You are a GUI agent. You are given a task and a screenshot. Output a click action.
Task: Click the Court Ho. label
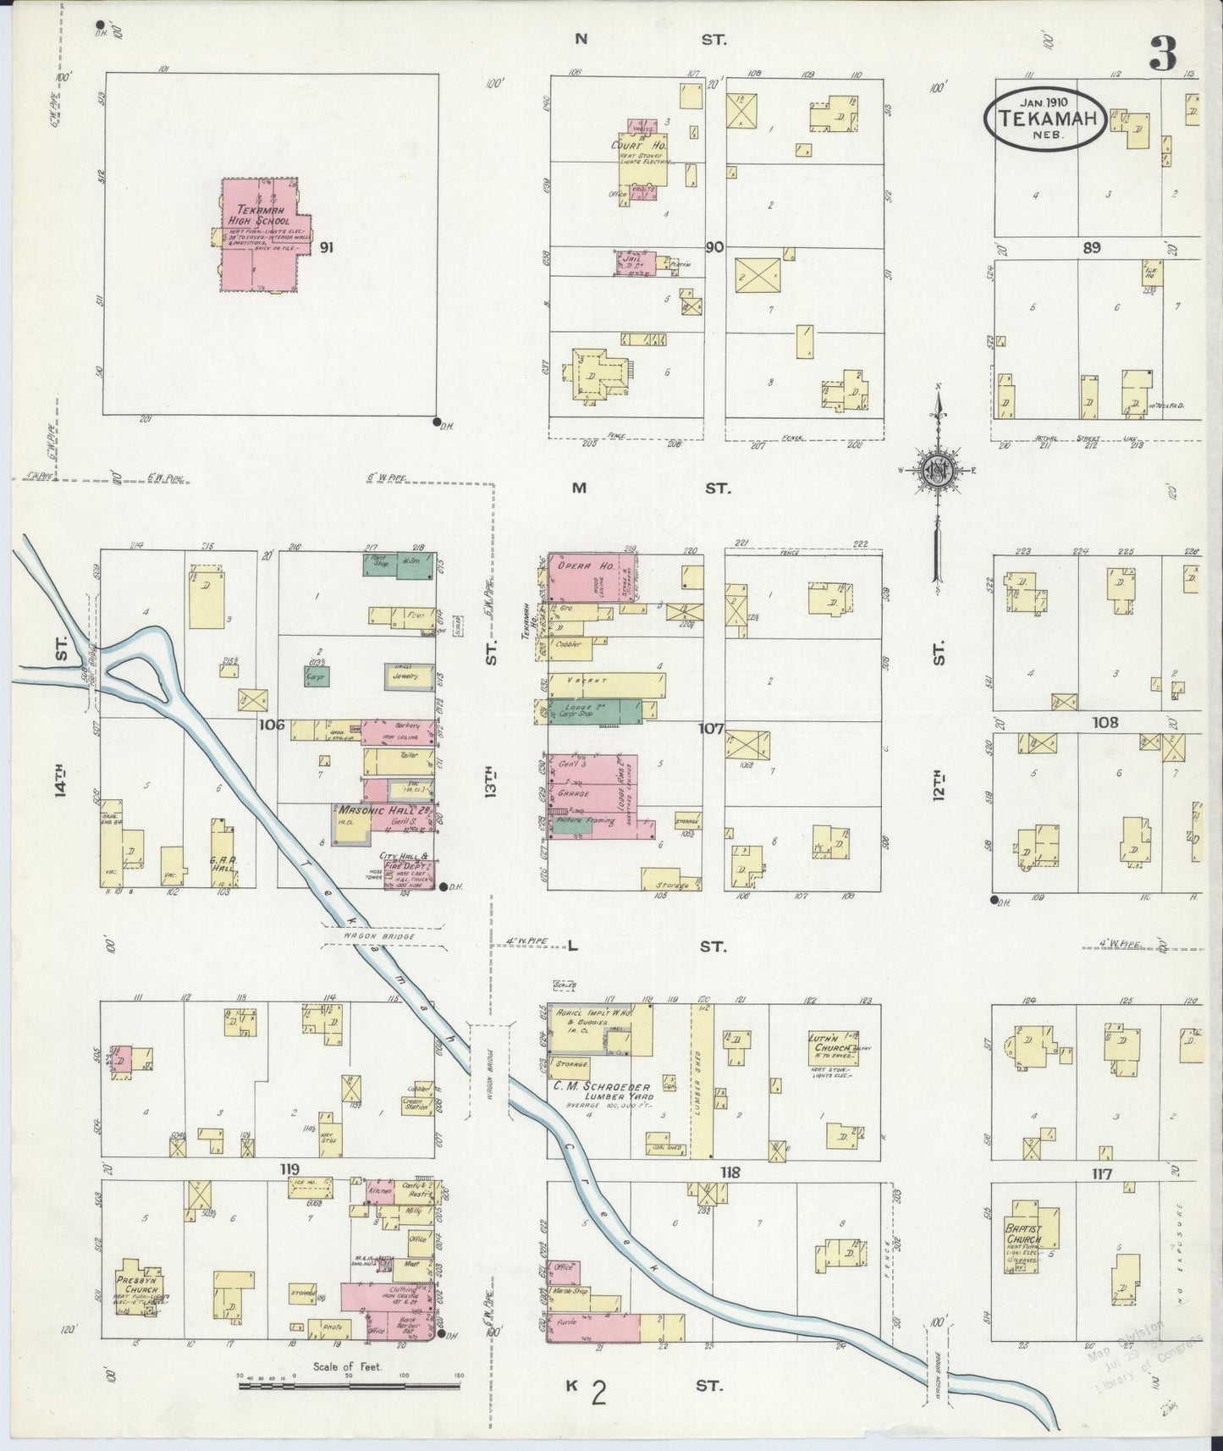640,146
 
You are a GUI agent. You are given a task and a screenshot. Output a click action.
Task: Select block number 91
327,247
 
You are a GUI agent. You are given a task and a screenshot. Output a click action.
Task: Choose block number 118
730,1172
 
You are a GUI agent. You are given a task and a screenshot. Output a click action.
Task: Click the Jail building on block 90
631,263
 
